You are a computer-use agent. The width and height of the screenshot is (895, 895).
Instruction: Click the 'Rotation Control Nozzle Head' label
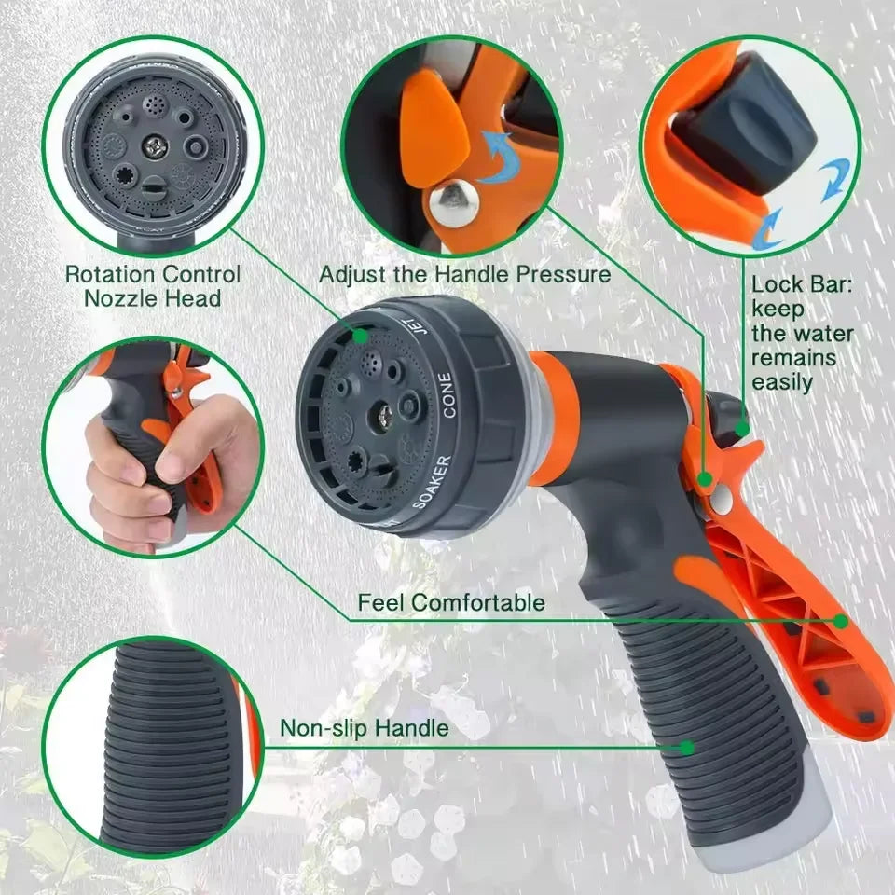[x=152, y=286]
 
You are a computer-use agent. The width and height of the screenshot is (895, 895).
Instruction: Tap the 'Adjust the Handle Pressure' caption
[x=464, y=275]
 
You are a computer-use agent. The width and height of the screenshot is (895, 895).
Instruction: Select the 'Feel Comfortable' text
[x=451, y=603]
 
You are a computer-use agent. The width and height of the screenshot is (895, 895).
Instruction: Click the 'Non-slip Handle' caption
[x=365, y=728]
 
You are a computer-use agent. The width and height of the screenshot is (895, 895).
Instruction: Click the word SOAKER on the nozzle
[x=432, y=481]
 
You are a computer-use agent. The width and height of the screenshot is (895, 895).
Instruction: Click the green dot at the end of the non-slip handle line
[x=687, y=747]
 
